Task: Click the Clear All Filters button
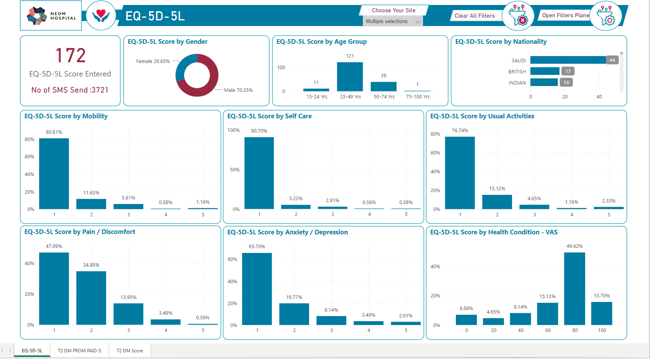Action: coord(475,16)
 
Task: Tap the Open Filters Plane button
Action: coord(565,15)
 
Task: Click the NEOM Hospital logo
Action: coord(51,15)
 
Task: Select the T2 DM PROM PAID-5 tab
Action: coord(80,350)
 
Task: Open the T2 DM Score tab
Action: coord(130,350)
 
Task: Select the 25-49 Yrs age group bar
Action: coord(350,77)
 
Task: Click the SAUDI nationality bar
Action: coord(568,60)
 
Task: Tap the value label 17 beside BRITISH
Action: coord(568,71)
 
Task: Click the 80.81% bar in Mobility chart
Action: coord(54,174)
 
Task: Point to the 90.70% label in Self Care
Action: coord(259,131)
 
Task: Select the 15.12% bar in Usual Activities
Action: coord(497,202)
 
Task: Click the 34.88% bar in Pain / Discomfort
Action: coord(91,298)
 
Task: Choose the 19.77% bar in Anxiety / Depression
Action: coord(294,314)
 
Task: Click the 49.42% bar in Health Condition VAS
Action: coord(575,289)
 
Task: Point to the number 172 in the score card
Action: coord(70,55)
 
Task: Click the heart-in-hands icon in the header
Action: coord(101,15)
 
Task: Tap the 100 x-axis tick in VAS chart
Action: coord(602,330)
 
